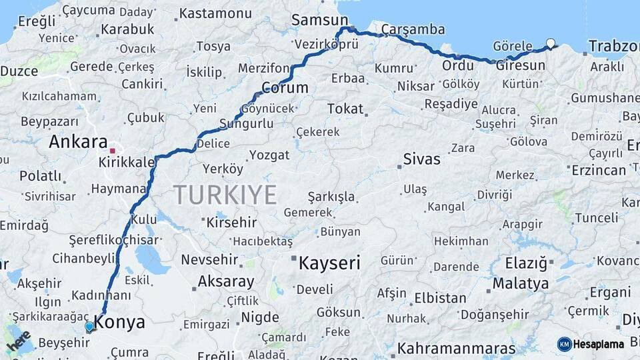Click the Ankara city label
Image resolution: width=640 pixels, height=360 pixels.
[x=78, y=141]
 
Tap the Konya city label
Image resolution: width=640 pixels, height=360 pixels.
[x=119, y=323]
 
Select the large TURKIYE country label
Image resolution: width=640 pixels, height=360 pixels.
[x=225, y=195]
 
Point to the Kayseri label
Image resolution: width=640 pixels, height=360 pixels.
[x=329, y=263]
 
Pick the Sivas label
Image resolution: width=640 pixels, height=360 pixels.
[x=422, y=159]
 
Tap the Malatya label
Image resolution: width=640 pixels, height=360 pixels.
[x=521, y=284]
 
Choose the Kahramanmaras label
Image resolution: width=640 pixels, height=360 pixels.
[x=457, y=349]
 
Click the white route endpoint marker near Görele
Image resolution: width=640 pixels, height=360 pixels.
[x=550, y=43]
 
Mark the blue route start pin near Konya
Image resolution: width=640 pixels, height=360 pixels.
[x=89, y=327]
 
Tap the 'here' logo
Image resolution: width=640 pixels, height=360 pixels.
[x=19, y=341]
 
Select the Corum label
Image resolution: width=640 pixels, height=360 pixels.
[x=285, y=88]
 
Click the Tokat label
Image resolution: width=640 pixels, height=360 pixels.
[x=345, y=109]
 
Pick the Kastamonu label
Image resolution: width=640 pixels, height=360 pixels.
[x=215, y=13]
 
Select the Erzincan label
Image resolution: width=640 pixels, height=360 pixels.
[x=599, y=170]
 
